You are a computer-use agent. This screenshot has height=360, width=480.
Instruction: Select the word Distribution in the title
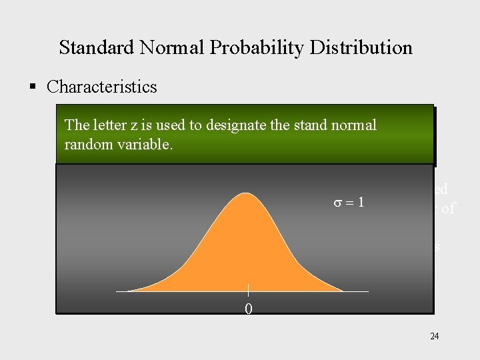pos(361,48)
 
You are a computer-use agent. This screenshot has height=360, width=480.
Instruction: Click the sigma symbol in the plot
pos(338,203)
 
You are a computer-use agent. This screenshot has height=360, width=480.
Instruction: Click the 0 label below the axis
pos(248,309)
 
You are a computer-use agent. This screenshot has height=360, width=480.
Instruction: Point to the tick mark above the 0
pos(248,290)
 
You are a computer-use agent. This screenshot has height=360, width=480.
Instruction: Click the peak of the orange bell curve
pos(246,194)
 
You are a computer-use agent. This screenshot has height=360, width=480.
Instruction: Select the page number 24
pos(434,337)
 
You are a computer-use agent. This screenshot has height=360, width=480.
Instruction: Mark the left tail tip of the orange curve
pos(129,290)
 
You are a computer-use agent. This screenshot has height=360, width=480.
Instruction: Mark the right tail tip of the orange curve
pos(342,290)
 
